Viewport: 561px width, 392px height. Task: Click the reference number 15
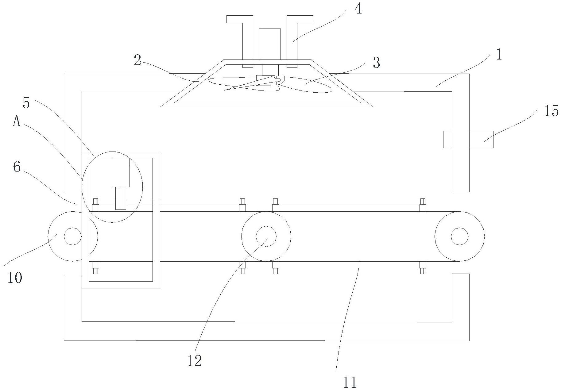pos(551,111)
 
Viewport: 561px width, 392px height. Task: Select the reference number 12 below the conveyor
pos(195,361)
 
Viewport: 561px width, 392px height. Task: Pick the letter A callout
pos(17,122)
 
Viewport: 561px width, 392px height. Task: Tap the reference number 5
pos(26,103)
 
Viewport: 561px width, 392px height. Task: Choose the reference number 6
pos(17,167)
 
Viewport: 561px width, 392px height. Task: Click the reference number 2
pos(137,60)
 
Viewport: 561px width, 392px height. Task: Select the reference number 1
pos(499,55)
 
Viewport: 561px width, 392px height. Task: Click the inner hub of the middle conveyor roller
pos(266,236)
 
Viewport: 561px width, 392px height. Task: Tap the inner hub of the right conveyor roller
pos(459,236)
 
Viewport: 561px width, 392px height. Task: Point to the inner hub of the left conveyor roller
pos(73,236)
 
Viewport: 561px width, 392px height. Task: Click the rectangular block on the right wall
pos(468,140)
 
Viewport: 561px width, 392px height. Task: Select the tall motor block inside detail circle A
pos(121,172)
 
